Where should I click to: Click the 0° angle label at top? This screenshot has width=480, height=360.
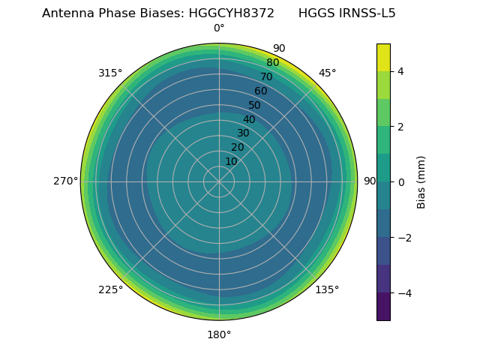tap(219, 28)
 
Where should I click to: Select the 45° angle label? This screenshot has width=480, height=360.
tap(327, 73)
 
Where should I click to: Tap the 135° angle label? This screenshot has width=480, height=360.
tap(327, 289)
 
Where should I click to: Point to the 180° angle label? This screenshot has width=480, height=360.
tap(219, 334)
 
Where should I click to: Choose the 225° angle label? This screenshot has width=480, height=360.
tap(110, 289)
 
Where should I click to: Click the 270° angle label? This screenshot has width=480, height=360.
tap(65, 181)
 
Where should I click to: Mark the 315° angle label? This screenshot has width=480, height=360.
tap(110, 73)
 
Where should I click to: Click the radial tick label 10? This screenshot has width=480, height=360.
tap(231, 161)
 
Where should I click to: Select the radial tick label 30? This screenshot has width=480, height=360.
tap(243, 133)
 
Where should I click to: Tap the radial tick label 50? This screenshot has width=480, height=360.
tap(254, 106)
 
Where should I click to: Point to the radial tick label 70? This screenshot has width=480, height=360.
tap(266, 77)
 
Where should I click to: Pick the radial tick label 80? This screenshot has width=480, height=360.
tap(272, 63)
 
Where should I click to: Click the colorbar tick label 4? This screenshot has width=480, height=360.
tap(400, 71)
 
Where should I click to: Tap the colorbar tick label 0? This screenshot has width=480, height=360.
tap(400, 182)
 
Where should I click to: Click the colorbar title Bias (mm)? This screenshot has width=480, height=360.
tap(421, 181)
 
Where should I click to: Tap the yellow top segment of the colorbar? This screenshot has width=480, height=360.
tap(383, 57)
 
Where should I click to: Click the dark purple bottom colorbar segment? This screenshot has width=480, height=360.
tap(383, 307)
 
